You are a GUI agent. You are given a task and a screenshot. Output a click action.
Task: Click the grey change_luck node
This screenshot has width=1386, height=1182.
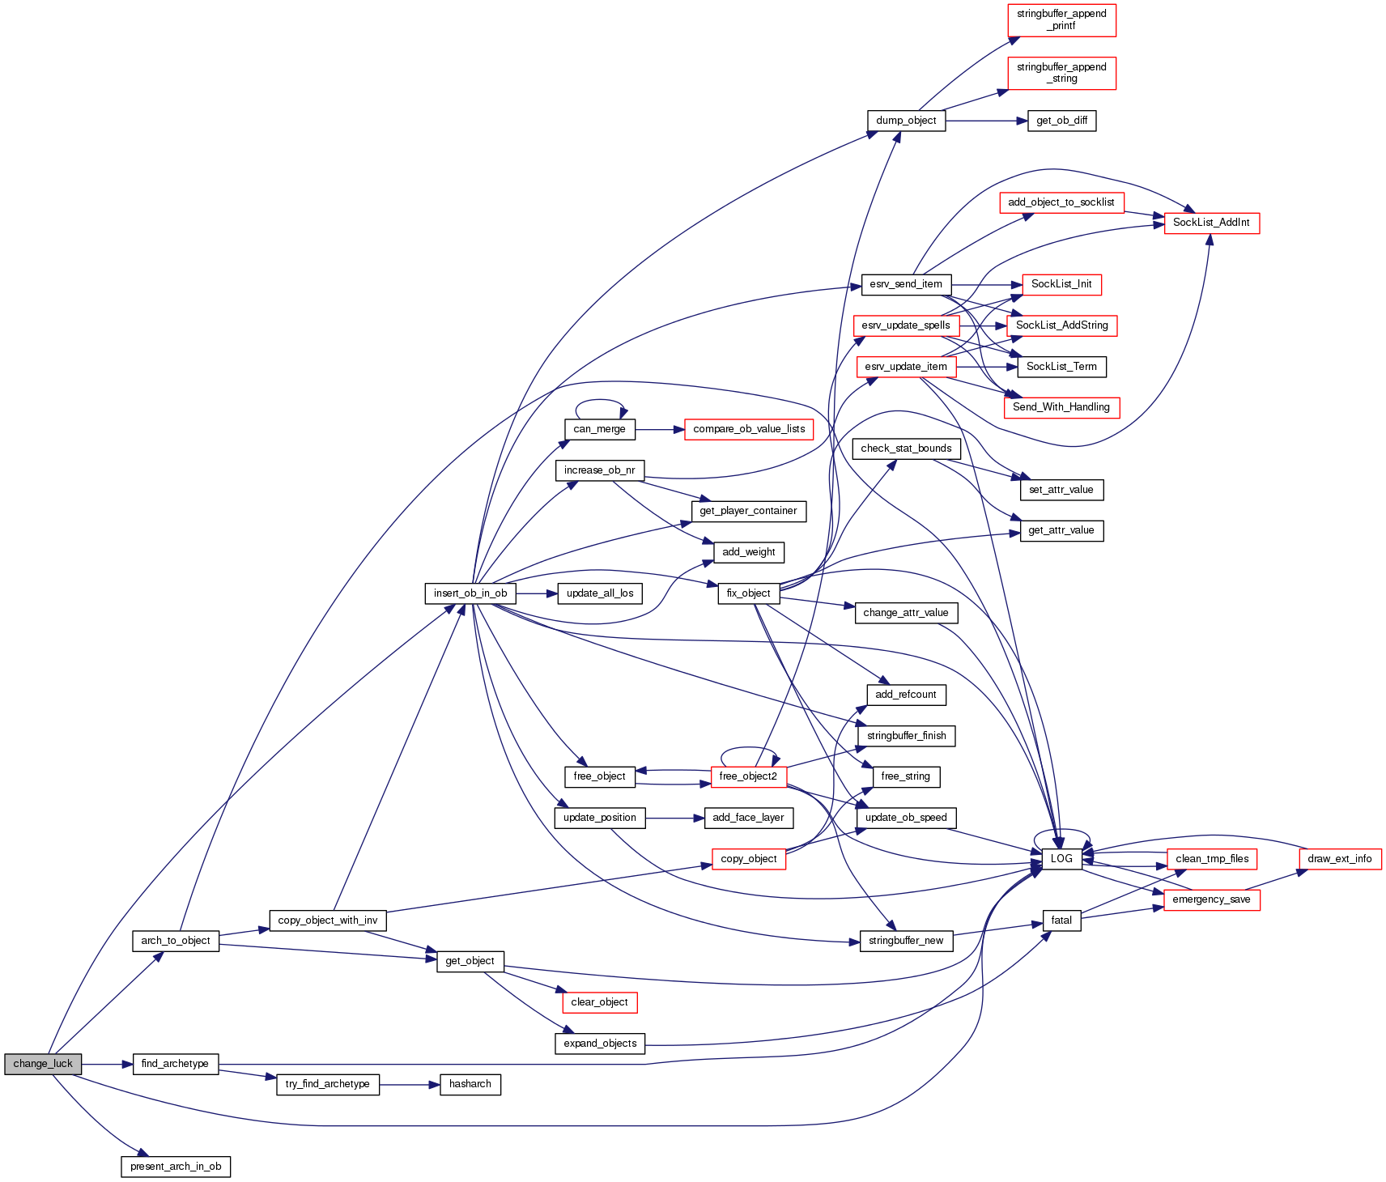(x=43, y=1064)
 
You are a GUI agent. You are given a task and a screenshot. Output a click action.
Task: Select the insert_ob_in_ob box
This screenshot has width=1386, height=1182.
(x=470, y=593)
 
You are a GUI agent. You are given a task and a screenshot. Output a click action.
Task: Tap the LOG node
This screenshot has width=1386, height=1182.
(x=1061, y=859)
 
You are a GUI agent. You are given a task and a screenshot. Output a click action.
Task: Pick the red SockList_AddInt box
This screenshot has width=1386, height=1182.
(x=1211, y=223)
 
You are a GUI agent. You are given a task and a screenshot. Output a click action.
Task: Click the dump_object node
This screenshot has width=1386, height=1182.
(x=906, y=121)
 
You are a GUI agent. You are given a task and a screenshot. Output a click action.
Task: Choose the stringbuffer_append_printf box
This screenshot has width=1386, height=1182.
(x=1061, y=20)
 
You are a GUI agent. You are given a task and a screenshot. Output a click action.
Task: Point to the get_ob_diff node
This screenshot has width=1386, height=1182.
(x=1061, y=121)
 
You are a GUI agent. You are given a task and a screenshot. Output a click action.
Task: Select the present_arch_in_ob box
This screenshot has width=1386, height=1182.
(x=176, y=1167)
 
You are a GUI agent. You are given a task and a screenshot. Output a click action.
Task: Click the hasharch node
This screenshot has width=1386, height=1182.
(x=470, y=1084)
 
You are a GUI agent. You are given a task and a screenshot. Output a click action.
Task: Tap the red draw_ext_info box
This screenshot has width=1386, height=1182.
(x=1339, y=859)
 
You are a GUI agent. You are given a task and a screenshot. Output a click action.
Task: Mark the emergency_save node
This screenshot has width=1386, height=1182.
(x=1211, y=899)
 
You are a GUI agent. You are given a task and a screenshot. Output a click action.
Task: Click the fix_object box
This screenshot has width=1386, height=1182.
(x=748, y=593)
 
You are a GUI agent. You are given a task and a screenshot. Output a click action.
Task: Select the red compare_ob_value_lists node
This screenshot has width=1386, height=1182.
(x=749, y=429)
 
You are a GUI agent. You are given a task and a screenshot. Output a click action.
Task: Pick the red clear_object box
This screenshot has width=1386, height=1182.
(x=599, y=1002)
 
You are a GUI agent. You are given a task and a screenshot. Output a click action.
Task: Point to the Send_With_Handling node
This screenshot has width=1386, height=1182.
(x=1061, y=407)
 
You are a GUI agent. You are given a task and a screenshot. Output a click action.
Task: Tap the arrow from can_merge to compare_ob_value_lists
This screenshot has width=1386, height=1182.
(x=660, y=429)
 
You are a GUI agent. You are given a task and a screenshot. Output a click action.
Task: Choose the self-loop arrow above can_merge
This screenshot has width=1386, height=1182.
(x=600, y=401)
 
